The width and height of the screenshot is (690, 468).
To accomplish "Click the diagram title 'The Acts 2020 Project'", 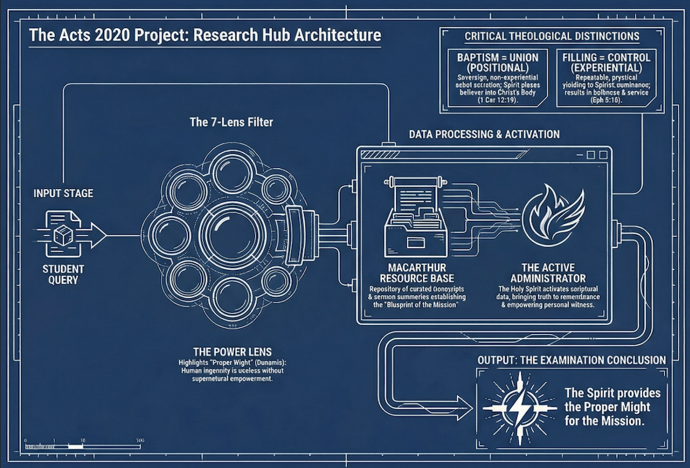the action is point(204,34).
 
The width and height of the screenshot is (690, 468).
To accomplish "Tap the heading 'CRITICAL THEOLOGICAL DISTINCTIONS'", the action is point(552,36).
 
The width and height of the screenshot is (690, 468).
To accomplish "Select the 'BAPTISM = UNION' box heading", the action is point(498,62).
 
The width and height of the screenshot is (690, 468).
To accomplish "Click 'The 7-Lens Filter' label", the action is point(231,121).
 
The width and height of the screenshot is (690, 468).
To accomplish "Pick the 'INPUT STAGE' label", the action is point(63,193).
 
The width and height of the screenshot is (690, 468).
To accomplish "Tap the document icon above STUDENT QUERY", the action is point(63,234).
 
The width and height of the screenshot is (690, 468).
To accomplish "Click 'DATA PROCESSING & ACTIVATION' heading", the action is point(484,134).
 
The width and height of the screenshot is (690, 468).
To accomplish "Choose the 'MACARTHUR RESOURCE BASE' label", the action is point(417,273).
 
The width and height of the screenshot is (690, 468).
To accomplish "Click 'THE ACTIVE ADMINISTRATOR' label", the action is point(548,273).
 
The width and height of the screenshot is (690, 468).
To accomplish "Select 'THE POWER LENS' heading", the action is point(233,351).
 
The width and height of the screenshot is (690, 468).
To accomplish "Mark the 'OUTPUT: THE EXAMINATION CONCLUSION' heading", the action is point(572,360).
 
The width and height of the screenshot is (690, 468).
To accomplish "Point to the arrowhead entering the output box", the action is point(467,400).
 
